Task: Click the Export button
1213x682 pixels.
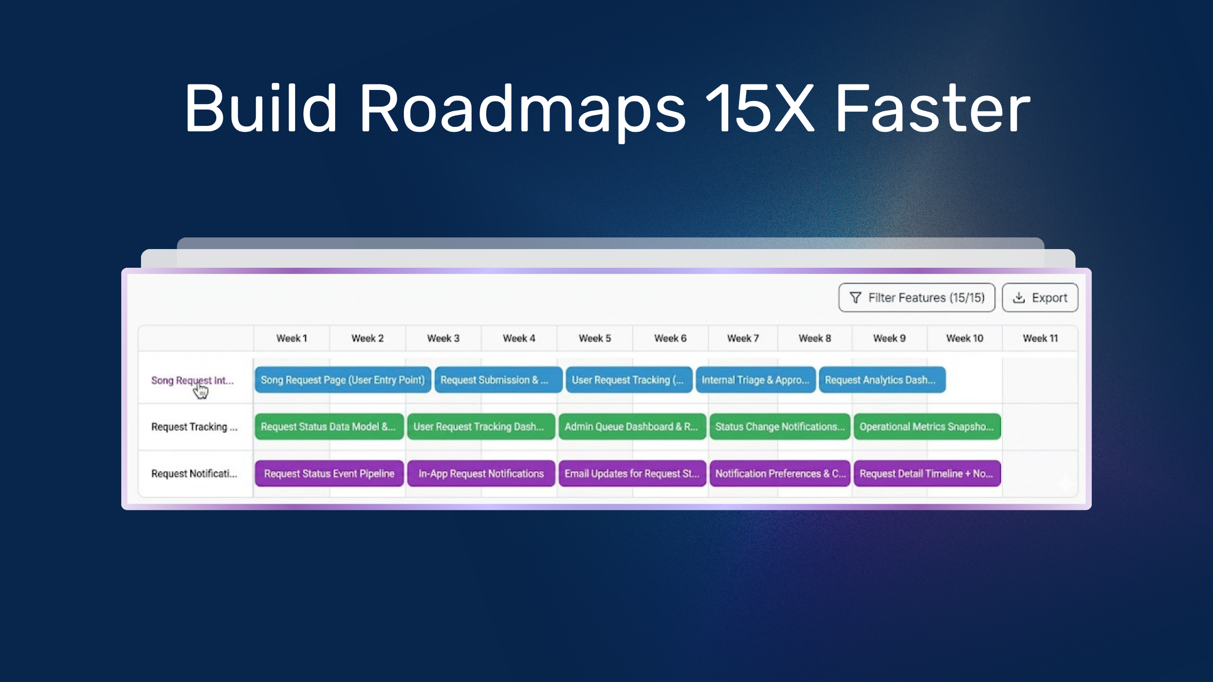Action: coord(1040,298)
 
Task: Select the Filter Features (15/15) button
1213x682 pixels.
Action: coord(917,298)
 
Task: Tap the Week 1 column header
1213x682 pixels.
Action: coord(292,338)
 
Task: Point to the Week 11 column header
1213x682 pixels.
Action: coord(1040,338)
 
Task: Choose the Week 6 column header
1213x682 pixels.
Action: coord(670,338)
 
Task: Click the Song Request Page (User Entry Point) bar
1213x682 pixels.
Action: coord(343,380)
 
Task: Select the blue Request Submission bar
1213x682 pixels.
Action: coord(498,380)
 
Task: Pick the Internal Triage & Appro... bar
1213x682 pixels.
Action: coord(756,380)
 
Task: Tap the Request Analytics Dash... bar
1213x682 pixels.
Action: coord(882,380)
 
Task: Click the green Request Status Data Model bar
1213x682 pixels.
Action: coord(329,427)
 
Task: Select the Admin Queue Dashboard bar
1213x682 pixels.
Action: coord(632,427)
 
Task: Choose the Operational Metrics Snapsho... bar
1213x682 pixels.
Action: coord(927,427)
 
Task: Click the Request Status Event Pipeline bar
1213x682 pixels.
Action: coord(329,473)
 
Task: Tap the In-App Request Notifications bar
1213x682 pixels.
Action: coord(481,473)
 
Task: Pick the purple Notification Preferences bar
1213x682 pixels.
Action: coord(780,473)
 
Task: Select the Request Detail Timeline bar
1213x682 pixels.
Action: coord(927,473)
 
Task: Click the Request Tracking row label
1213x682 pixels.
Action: coord(195,427)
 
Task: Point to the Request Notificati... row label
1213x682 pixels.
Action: coord(194,473)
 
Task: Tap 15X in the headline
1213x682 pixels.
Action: coord(760,108)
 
